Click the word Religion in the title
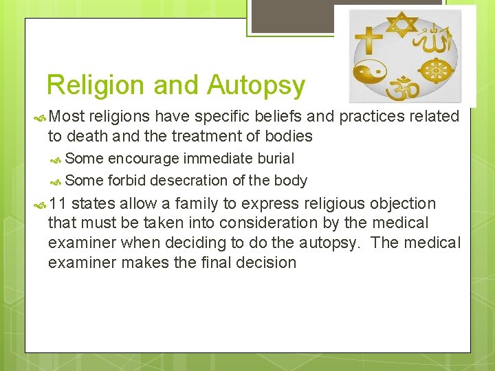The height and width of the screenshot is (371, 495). tap(96, 85)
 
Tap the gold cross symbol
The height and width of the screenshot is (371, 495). tap(372, 40)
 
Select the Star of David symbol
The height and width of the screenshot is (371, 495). tap(401, 25)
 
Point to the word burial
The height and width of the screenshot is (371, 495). tap(276, 159)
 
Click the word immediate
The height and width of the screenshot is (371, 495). tap(217, 159)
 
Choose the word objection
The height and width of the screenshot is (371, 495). tap(403, 203)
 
